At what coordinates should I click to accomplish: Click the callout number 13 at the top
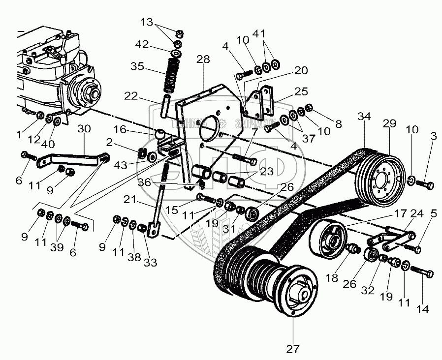click(147, 22)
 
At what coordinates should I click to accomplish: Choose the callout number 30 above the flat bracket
click(84, 129)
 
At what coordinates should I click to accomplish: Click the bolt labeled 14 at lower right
click(422, 272)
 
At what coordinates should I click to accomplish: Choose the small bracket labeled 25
click(261, 101)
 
